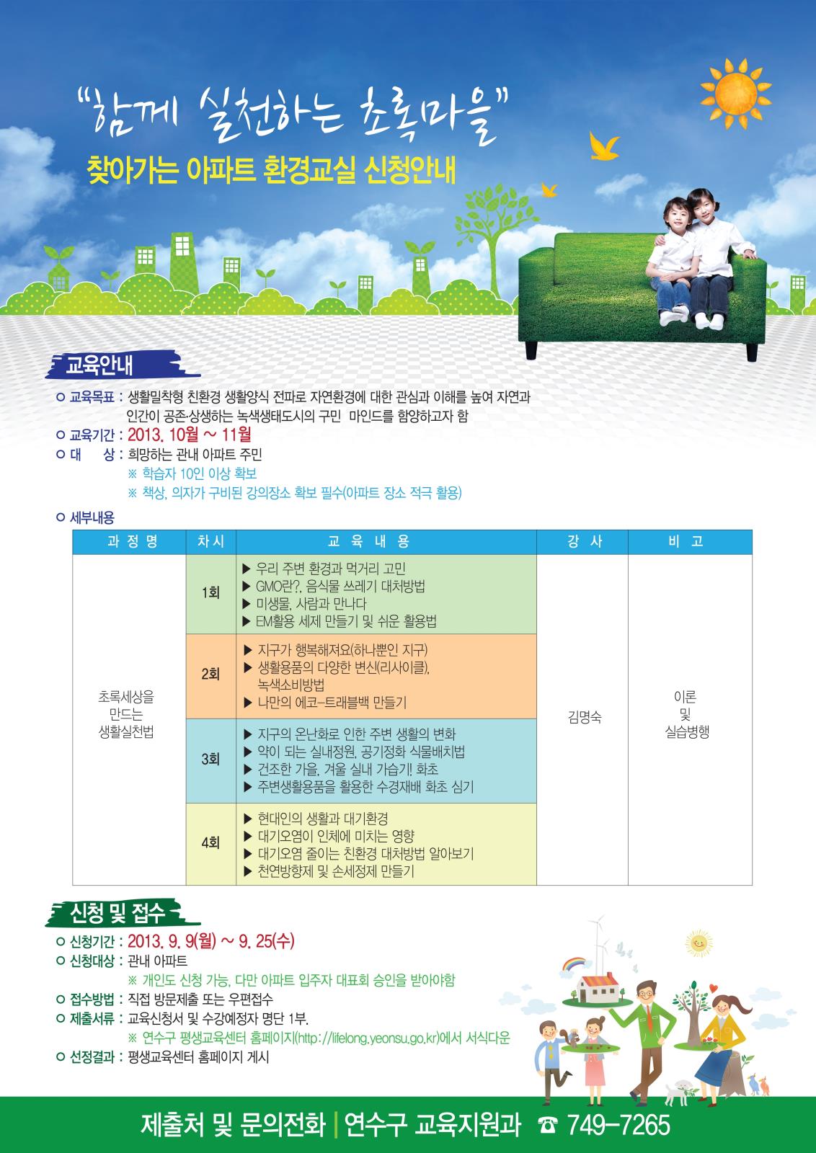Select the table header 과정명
point(129,542)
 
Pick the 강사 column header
point(582,542)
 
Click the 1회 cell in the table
point(210,592)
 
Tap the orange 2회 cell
point(210,675)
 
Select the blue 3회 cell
point(210,759)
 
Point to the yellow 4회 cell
point(210,842)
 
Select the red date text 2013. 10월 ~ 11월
point(190,435)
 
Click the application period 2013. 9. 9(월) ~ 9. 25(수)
point(211,942)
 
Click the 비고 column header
point(689,542)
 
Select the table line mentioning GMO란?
point(340,586)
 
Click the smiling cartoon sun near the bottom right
point(696,942)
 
